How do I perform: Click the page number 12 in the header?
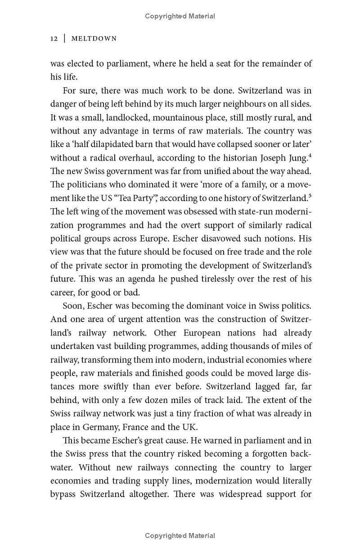(x=54, y=39)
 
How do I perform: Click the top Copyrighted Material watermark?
(x=180, y=16)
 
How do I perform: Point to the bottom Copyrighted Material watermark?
(x=180, y=536)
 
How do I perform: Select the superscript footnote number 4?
(x=310, y=155)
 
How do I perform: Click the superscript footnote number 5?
(x=310, y=196)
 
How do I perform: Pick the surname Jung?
(x=297, y=158)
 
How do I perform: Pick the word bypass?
(x=63, y=494)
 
